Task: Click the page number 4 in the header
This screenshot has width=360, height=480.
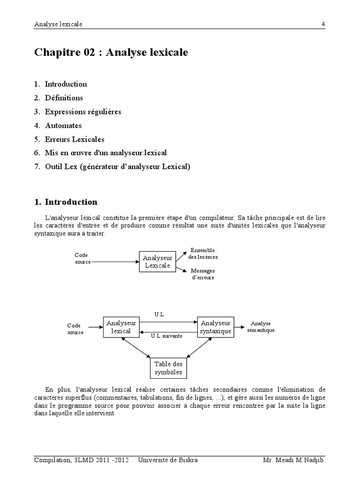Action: pos(323,24)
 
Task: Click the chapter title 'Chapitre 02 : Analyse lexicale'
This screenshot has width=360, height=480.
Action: pos(111,52)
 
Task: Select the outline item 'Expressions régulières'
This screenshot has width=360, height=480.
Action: pos(83,112)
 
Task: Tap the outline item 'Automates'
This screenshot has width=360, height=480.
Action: pos(63,126)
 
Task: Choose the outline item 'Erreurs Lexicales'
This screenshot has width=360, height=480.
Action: pos(75,139)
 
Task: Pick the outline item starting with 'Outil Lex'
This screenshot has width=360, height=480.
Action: pos(118,167)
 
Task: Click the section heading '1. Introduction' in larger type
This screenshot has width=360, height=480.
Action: pos(66,202)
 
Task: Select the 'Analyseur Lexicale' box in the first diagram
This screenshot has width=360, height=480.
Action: pos(157,262)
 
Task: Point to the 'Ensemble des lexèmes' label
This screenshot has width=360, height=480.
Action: pos(202,254)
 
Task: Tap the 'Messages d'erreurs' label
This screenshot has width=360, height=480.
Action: pos(202,274)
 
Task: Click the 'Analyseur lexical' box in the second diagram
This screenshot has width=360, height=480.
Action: pos(121,327)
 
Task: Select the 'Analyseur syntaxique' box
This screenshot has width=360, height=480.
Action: pos(215,327)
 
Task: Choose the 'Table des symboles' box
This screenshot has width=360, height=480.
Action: pos(168,368)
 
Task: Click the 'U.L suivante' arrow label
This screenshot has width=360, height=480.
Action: pos(166,336)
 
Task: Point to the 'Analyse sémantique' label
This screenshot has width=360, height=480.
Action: pos(261,327)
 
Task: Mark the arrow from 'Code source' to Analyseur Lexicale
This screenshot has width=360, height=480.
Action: pos(115,262)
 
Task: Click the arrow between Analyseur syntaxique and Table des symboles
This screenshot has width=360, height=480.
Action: pos(200,349)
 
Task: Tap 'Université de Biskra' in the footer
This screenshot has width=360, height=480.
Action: pos(168,460)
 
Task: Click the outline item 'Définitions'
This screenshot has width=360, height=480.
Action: pos(64,98)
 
